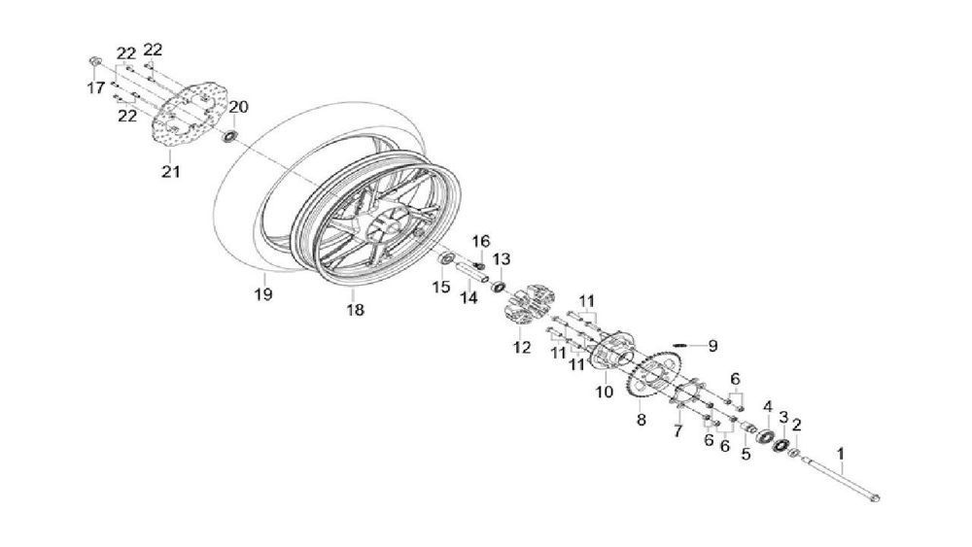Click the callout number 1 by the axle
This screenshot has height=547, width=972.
pyautogui.click(x=841, y=454)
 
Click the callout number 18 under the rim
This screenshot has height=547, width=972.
pyautogui.click(x=355, y=310)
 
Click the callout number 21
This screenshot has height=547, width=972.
pyautogui.click(x=171, y=173)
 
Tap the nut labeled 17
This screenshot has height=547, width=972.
pyautogui.click(x=94, y=62)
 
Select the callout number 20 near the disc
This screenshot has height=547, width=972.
pyautogui.click(x=239, y=107)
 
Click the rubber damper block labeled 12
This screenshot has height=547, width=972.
pyautogui.click(x=526, y=302)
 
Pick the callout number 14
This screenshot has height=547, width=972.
pyautogui.click(x=469, y=298)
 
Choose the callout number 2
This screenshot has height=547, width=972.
pyautogui.click(x=797, y=424)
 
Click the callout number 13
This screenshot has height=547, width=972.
pyautogui.click(x=501, y=259)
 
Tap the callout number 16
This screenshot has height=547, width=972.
pyautogui.click(x=480, y=241)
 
